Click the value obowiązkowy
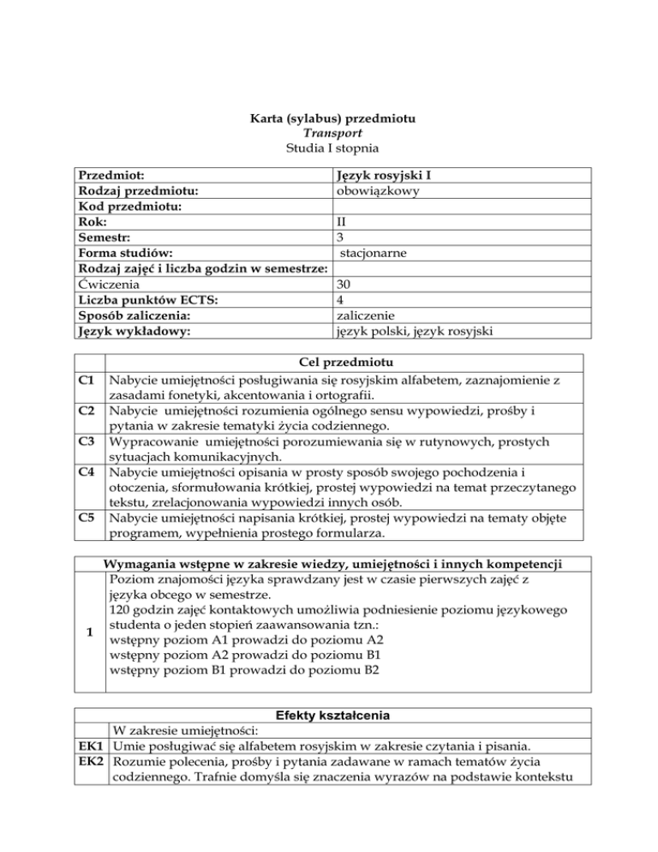pos(378,191)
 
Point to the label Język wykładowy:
pos(135,330)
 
